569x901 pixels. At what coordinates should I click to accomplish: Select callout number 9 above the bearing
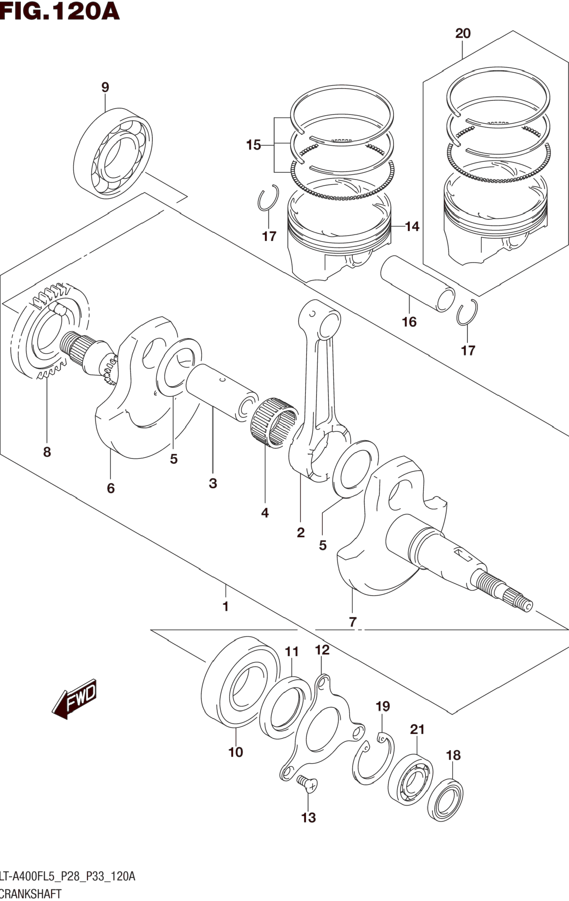click(105, 87)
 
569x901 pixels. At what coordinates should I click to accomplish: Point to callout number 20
click(463, 34)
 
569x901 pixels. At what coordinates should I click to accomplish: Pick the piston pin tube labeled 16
click(418, 284)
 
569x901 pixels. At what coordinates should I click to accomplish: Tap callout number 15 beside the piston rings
click(253, 145)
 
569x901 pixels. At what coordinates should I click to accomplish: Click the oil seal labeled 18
click(445, 800)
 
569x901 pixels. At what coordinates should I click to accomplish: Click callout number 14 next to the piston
click(412, 226)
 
